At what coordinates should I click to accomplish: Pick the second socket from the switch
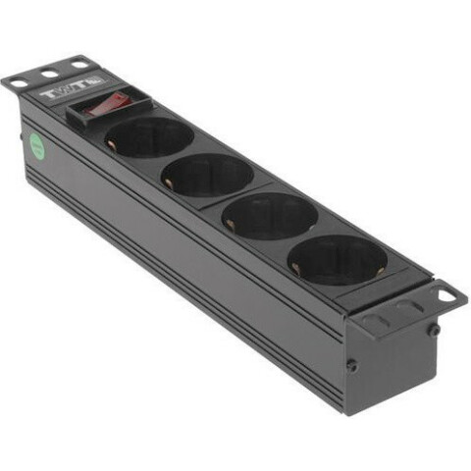207,176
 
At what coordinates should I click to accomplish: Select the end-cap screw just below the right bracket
433,330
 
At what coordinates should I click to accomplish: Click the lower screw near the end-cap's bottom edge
352,365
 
